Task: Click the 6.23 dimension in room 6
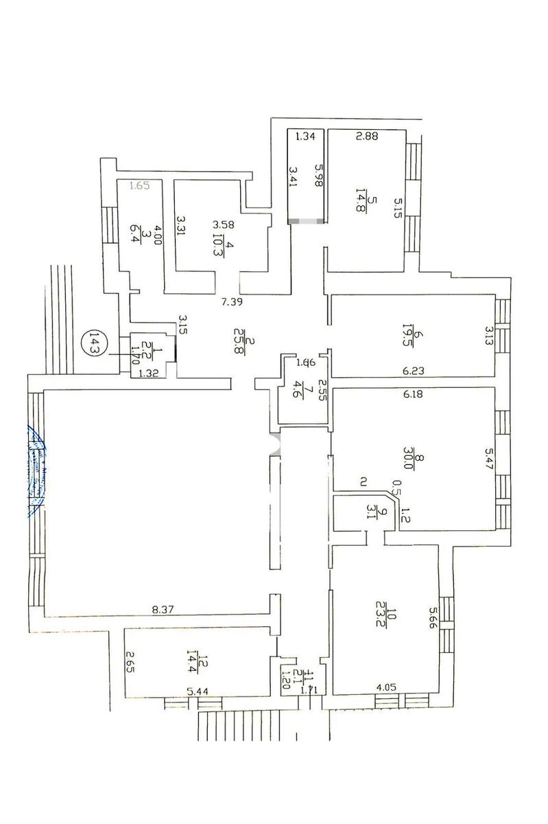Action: pos(413,371)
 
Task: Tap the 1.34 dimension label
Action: pos(305,137)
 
